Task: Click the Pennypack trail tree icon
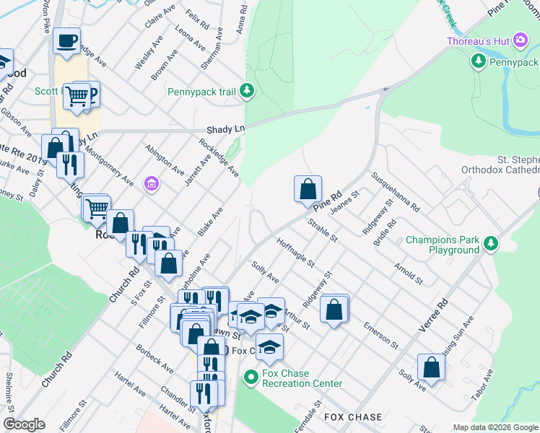248,90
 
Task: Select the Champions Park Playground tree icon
492,243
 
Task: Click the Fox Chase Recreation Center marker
251,377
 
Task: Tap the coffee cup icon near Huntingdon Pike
66,41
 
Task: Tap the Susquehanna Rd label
395,191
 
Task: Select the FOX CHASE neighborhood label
353,418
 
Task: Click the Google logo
24,424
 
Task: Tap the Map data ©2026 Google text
495,427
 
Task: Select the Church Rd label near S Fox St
129,284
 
